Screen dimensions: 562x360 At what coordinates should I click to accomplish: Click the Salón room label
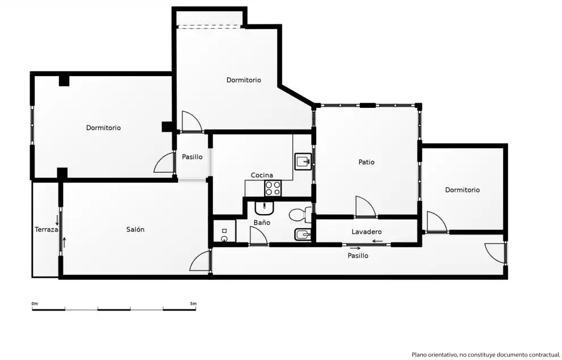point(135,229)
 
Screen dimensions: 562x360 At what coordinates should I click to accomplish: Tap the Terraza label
point(46,229)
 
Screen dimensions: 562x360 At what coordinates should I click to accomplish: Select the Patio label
point(366,162)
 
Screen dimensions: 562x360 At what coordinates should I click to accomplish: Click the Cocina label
point(262,175)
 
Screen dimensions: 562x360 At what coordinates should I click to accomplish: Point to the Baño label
point(262,223)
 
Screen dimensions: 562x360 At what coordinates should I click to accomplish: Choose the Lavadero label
point(366,232)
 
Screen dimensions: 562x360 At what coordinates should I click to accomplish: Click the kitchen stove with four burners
point(272,189)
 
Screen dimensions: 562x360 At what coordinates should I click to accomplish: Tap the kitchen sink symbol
point(303,161)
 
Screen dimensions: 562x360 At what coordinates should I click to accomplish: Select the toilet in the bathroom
point(300,215)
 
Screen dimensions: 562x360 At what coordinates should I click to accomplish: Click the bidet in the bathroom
point(303,235)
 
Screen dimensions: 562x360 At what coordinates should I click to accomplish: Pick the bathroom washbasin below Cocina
point(264,208)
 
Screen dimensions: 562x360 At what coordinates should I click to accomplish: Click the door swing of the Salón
point(200,261)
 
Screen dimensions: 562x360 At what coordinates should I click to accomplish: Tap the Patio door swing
point(366,207)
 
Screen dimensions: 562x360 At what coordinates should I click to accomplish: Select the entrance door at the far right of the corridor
point(495,253)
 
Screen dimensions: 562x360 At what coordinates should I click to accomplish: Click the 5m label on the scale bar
point(193,304)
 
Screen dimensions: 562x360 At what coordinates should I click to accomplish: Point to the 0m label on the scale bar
point(35,304)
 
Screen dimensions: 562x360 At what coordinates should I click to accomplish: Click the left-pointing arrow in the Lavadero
point(378,241)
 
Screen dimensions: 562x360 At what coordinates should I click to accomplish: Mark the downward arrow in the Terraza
point(57,220)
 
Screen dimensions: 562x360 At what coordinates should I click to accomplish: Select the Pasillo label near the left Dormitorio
point(192,157)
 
